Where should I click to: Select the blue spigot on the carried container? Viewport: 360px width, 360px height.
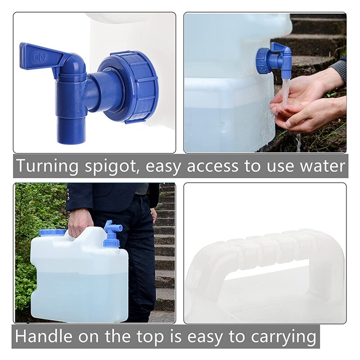pyautogui.click(x=111, y=234)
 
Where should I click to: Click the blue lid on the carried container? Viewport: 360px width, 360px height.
pyautogui.click(x=52, y=232)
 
